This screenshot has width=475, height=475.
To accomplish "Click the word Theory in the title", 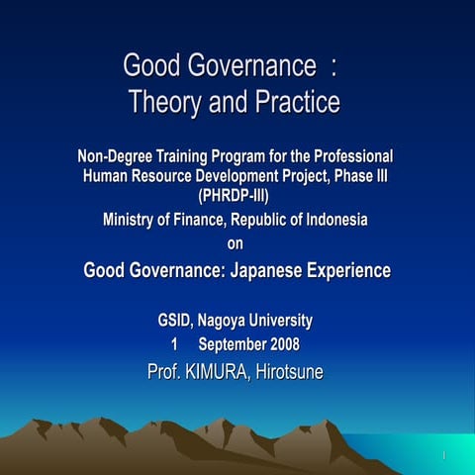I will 167,102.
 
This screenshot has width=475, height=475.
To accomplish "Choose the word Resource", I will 169,175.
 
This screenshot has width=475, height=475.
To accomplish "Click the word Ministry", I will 132,220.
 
